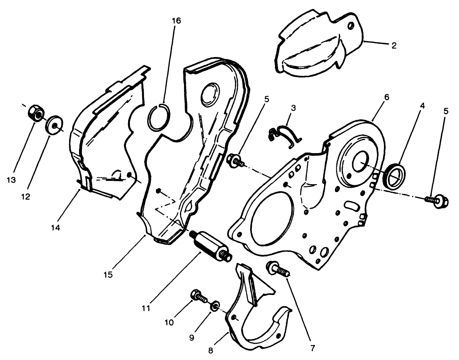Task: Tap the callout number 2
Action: [x=394, y=46]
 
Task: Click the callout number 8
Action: [x=210, y=350]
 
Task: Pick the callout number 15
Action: [x=109, y=274]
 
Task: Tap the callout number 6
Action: [x=386, y=97]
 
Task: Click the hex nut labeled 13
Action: [x=35, y=113]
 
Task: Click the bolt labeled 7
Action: [x=277, y=270]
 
